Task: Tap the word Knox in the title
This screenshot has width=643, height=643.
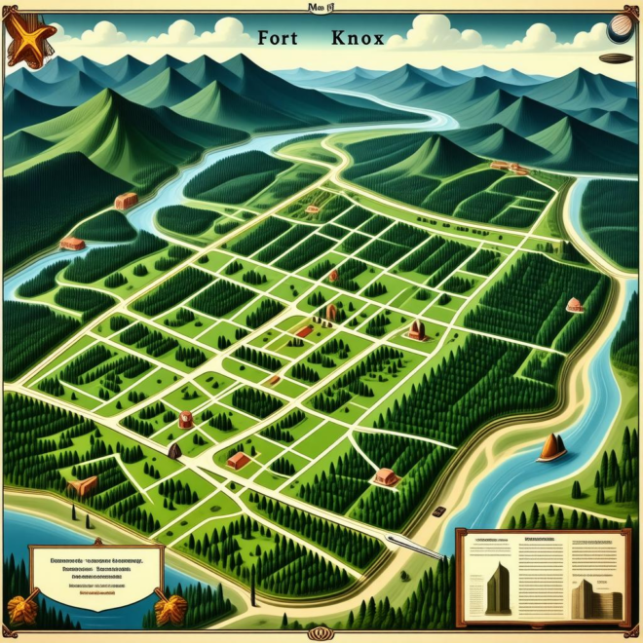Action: pos(357,40)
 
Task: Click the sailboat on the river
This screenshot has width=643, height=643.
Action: pos(552,447)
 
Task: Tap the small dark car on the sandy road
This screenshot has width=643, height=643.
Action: pos(440,511)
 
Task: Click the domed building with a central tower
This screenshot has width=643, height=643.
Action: pos(418,330)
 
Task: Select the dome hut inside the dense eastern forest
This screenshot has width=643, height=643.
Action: pos(574,305)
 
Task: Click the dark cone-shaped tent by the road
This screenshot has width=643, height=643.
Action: pos(175,450)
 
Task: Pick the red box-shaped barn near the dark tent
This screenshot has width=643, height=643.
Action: pos(237,459)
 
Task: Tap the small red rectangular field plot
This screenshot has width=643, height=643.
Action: pos(302,331)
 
